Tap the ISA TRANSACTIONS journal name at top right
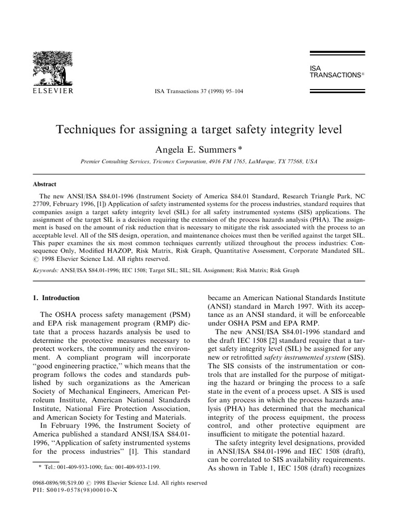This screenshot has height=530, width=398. click(x=335, y=71)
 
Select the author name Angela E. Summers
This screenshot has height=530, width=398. click(x=195, y=150)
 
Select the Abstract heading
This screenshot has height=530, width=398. click(x=45, y=184)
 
